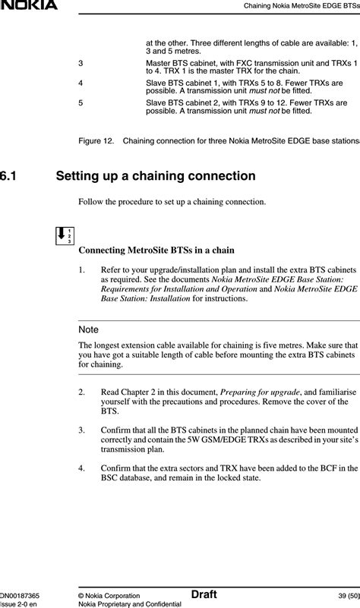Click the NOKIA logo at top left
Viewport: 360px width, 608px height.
29,5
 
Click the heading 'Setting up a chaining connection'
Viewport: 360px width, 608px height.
156,176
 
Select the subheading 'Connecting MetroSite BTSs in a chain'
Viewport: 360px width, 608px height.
156,250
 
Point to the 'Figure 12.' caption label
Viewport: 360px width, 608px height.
96,140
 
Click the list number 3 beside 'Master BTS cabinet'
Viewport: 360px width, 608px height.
81,63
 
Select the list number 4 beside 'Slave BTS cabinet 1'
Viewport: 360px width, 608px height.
81,83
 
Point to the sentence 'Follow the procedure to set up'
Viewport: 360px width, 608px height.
172,202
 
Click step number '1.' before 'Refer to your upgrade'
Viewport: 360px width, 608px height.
81,270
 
